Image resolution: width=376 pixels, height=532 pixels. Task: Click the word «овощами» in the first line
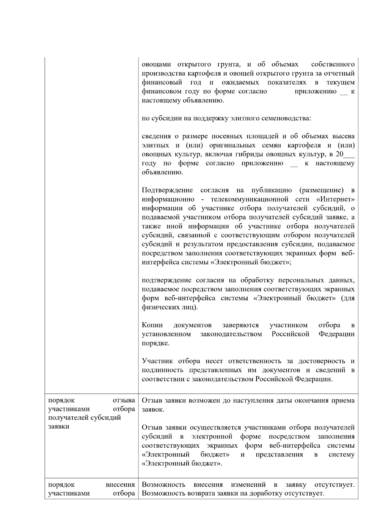coord(156,65)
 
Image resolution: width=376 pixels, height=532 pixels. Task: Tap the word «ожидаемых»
coord(240,82)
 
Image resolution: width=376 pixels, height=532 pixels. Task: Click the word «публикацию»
coord(271,190)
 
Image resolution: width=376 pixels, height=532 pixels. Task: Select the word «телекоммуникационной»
coord(249,199)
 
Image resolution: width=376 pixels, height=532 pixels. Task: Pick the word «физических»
coord(159,307)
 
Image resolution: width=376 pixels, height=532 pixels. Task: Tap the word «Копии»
coord(152,325)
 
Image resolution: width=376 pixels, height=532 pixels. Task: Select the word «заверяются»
coord(241,325)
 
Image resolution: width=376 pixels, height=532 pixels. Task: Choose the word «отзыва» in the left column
coord(124,400)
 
